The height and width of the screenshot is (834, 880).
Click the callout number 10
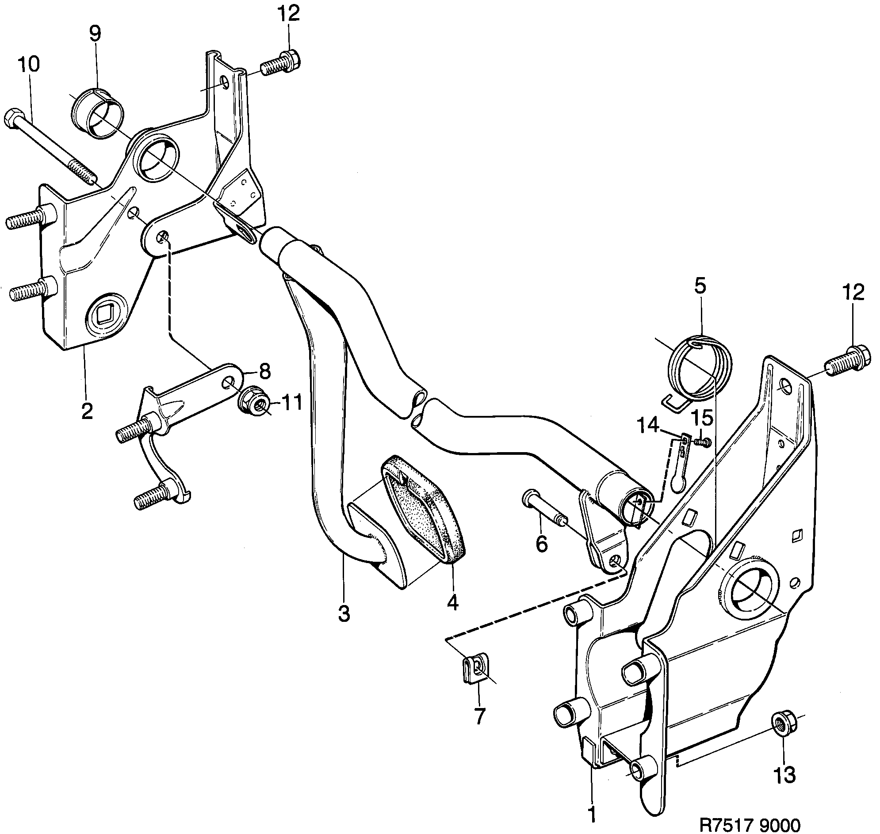(x=29, y=64)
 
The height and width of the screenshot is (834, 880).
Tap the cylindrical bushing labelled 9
(x=98, y=113)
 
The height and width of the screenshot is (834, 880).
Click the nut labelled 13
(x=784, y=724)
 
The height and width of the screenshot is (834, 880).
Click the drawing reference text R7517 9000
(x=750, y=823)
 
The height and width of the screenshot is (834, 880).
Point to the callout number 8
(x=264, y=371)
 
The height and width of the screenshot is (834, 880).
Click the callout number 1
(x=591, y=814)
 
